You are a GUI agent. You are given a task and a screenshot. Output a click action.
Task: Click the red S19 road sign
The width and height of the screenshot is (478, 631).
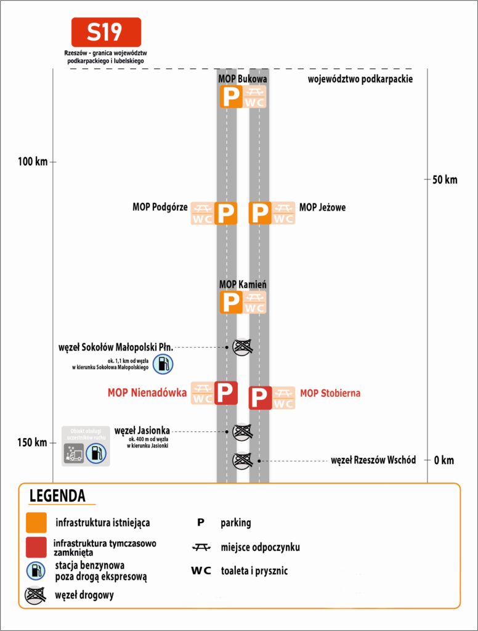[106, 32]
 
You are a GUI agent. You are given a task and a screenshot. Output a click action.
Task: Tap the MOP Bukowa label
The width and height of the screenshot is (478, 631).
[243, 79]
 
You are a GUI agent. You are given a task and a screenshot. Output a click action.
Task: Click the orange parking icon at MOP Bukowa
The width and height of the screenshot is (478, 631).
[231, 97]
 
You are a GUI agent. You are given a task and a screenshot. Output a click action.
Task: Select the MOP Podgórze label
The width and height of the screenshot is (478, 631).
[160, 207]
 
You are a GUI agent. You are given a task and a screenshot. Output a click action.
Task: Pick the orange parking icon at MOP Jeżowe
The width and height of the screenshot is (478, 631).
[260, 213]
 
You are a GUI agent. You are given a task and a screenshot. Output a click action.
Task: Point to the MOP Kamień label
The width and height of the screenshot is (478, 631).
[243, 285]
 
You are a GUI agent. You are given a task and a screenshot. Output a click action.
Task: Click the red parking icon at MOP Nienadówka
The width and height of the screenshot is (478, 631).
[226, 393]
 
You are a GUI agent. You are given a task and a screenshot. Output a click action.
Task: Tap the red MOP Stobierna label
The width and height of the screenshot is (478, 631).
[330, 393]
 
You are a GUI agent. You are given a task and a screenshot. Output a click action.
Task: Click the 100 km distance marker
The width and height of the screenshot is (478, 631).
[33, 162]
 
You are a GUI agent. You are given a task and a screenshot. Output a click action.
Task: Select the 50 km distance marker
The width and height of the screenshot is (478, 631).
[445, 179]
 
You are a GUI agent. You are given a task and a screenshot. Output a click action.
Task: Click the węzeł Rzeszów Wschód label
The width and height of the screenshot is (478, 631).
[373, 460]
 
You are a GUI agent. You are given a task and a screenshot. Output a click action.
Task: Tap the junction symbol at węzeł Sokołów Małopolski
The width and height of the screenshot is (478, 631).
[243, 347]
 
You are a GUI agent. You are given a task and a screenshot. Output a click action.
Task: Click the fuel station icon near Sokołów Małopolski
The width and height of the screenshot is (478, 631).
[163, 364]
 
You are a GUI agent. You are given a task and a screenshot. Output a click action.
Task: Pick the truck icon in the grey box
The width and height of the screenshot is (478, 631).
[74, 454]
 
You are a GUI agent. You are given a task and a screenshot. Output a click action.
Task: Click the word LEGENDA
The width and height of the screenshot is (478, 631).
[57, 496]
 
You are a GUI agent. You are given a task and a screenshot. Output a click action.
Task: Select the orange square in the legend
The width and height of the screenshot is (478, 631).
[36, 523]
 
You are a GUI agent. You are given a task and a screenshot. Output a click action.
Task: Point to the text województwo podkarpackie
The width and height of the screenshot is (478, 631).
[360, 79]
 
